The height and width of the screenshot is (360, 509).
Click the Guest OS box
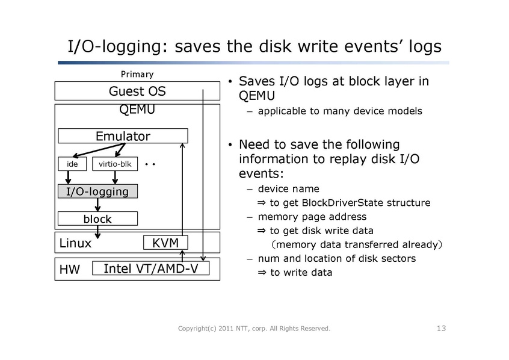[137, 92]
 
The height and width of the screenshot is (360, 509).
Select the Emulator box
[123, 136]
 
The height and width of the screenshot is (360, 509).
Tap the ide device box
[72, 164]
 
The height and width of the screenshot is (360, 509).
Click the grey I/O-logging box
[97, 191]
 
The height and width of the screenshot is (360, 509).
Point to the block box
[97, 218]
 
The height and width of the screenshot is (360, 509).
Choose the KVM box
[165, 243]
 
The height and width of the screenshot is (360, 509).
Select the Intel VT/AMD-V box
[151, 268]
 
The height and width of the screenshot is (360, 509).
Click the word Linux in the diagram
[76, 243]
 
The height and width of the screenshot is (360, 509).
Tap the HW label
[70, 270]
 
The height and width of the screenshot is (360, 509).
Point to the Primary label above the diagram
[137, 75]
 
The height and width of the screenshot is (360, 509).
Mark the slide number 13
[441, 328]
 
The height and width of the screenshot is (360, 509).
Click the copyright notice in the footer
[255, 328]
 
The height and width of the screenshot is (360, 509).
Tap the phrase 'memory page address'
[312, 217]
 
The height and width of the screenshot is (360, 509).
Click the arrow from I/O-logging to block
[97, 205]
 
